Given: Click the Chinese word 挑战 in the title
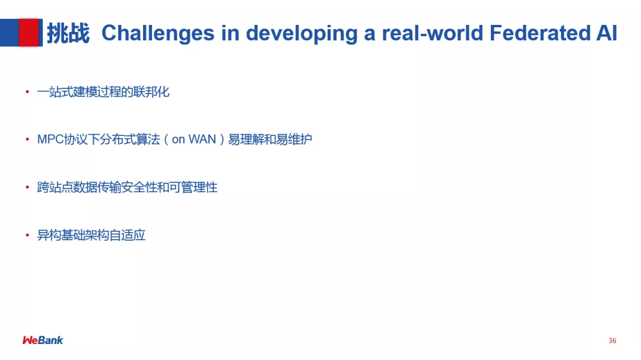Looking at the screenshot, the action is point(68,33).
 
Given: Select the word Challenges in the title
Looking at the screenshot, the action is point(158,33).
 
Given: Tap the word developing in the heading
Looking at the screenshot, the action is point(302,33).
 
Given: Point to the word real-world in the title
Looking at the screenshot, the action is point(433,33).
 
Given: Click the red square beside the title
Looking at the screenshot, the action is point(29,33).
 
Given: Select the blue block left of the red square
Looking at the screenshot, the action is point(9,33).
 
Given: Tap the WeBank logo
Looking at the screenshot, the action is point(43,340).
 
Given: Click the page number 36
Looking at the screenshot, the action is point(613,340).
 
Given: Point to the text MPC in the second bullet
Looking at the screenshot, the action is point(50,139).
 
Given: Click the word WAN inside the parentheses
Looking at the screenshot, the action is point(202,139).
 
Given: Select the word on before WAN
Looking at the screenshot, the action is point(178,140).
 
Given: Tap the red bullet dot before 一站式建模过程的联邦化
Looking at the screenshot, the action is point(27,92).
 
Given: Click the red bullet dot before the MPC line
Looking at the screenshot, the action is point(27,140).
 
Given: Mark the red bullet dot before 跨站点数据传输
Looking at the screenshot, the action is point(27,187).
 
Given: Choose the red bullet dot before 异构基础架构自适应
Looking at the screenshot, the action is point(27,235).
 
